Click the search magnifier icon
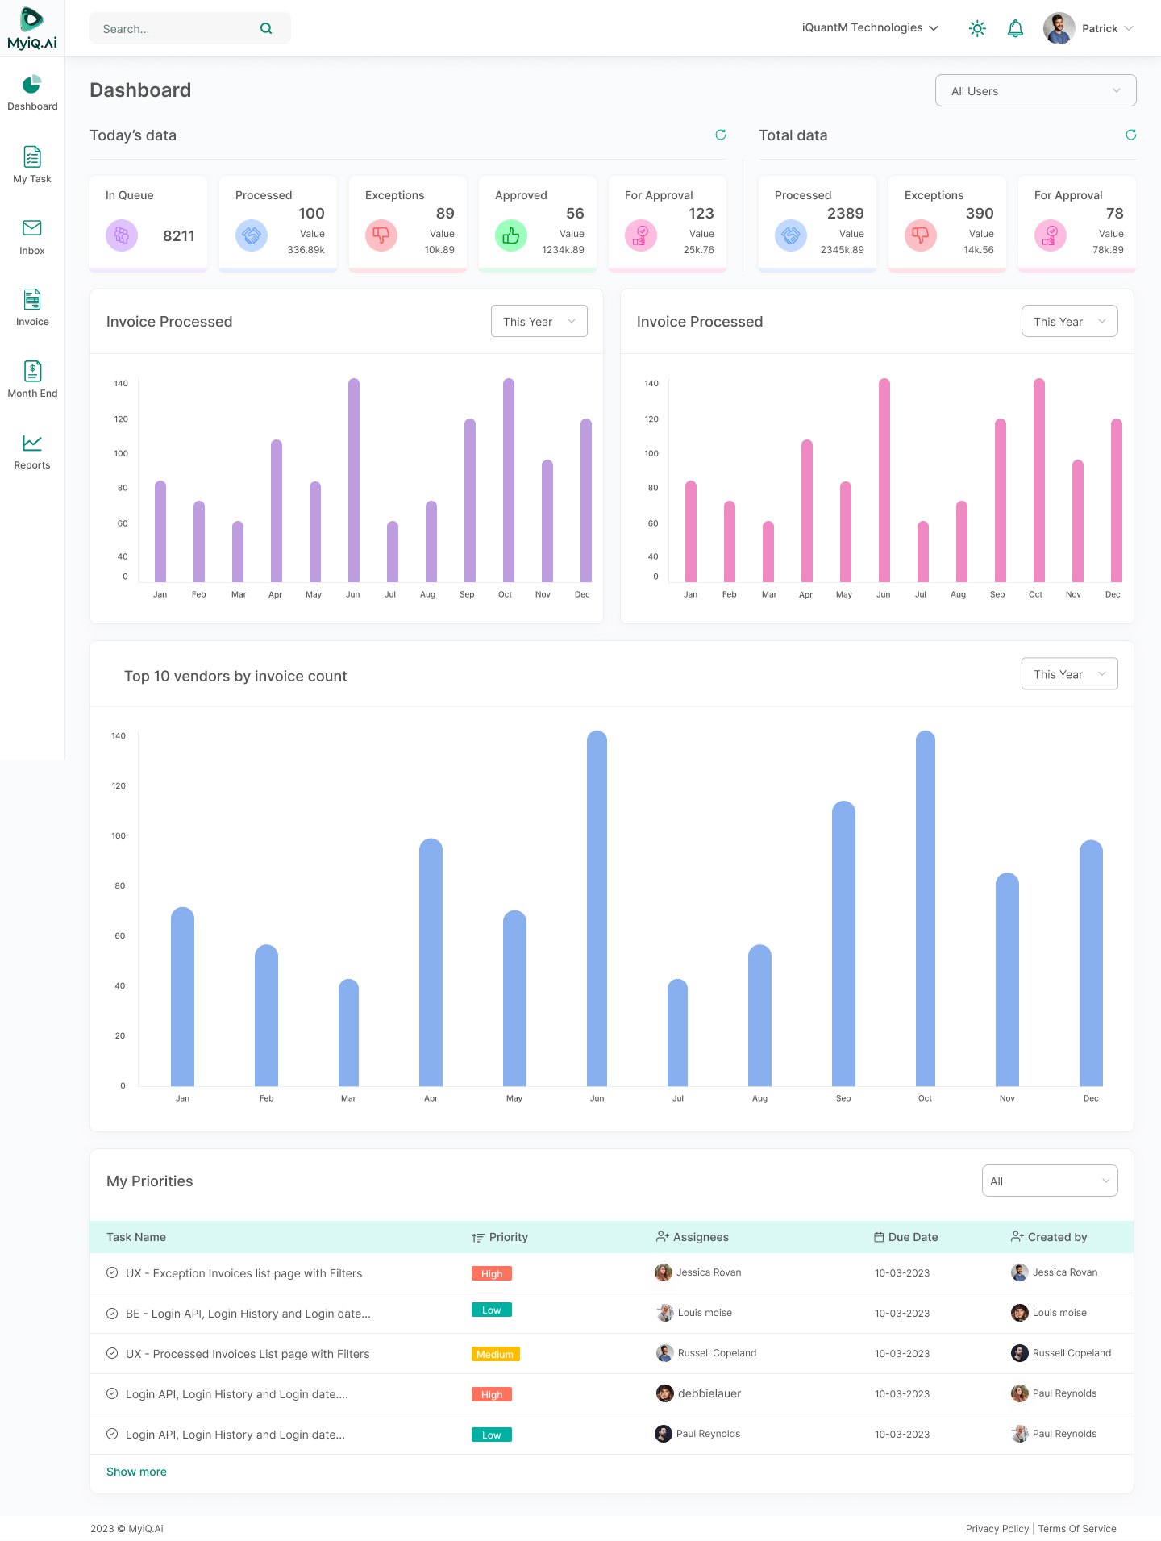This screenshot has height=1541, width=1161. [266, 29]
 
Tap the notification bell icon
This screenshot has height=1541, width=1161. [1015, 29]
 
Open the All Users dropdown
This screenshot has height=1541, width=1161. [1035, 91]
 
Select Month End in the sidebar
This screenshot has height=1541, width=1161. [32, 379]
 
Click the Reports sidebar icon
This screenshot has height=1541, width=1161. [32, 444]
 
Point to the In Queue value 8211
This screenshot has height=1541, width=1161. [178, 236]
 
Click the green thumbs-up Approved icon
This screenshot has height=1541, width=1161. [510, 235]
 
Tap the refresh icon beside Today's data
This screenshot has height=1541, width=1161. [721, 135]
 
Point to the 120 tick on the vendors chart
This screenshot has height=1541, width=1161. [119, 786]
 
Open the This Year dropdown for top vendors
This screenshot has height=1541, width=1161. [1069, 674]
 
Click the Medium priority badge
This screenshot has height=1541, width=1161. [495, 1355]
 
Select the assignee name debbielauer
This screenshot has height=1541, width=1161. [709, 1393]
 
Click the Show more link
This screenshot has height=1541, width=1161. [136, 1472]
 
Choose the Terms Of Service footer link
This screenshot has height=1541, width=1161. [1077, 1529]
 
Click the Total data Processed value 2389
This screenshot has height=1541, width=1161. [845, 214]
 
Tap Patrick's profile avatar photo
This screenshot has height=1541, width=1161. [1059, 28]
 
